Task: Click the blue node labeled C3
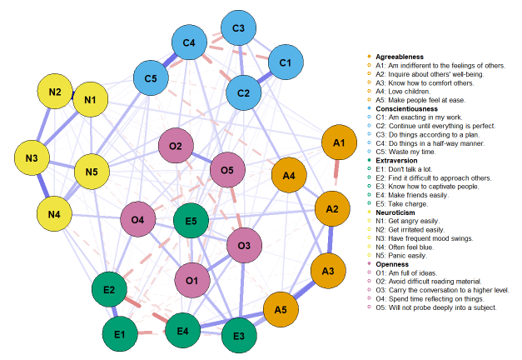239,30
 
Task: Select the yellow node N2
55,91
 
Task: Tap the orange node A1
339,144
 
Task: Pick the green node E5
191,222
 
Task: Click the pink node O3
244,246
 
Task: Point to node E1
120,334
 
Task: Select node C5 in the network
151,79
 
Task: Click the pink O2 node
175,147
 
